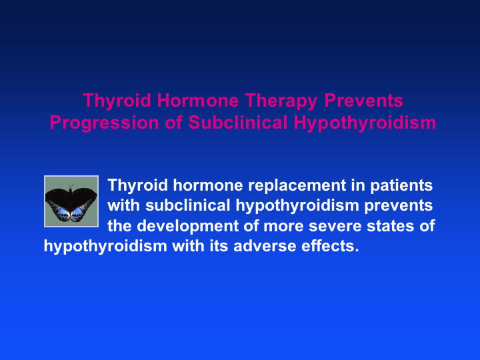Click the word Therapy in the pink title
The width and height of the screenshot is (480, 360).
281,101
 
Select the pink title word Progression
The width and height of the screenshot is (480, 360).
104,123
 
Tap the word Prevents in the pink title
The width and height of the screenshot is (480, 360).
363,101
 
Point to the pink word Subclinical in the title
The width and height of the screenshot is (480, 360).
237,122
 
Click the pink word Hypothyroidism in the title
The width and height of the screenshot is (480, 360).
365,123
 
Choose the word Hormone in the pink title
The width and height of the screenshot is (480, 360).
198,101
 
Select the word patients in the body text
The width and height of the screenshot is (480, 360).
401,186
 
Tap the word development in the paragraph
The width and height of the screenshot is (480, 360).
187,227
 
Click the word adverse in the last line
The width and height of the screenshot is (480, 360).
265,247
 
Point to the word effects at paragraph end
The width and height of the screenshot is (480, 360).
330,246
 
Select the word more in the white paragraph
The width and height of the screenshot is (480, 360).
283,227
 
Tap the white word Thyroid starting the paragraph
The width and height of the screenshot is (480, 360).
137,186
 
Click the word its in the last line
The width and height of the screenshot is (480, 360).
219,246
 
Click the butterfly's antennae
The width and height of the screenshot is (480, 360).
71,186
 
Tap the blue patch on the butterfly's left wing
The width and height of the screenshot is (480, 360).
63,211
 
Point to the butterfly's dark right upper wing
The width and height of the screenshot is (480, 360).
85,196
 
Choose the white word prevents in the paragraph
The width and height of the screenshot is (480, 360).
398,206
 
